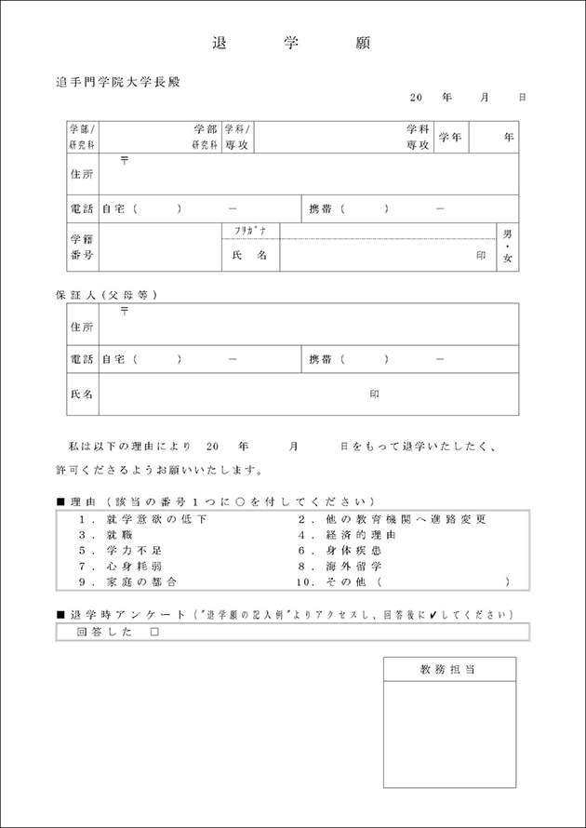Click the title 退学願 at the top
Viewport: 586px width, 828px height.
pos(292,44)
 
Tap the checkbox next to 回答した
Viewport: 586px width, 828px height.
pos(154,632)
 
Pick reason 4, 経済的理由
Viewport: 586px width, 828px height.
pos(346,535)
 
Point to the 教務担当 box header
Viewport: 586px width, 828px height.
pos(448,669)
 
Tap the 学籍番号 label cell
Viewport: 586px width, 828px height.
pos(82,247)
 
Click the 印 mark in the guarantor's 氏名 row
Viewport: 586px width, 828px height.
pos(375,394)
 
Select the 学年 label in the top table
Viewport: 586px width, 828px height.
pos(450,137)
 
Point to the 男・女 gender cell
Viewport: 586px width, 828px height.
pos(508,247)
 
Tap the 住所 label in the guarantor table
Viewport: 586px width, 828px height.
pos(82,327)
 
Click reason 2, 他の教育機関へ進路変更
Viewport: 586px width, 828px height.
pos(391,519)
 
